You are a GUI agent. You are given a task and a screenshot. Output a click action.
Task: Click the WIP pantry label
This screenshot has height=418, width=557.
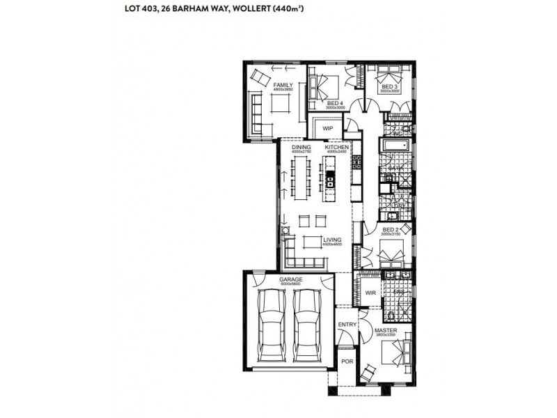point(327,128)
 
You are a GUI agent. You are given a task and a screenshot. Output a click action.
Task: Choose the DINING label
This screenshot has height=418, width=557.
point(301,148)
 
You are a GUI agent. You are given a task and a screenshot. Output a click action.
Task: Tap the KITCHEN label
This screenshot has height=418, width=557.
point(336,148)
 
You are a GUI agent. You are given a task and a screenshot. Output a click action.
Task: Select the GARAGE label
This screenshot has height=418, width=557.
point(272,279)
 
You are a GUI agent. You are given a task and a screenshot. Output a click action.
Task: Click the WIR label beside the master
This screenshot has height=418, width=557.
point(370,293)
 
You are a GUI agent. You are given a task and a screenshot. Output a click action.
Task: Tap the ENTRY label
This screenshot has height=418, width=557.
point(346,325)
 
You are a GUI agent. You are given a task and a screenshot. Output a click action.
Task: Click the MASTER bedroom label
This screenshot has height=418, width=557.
point(385,330)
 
